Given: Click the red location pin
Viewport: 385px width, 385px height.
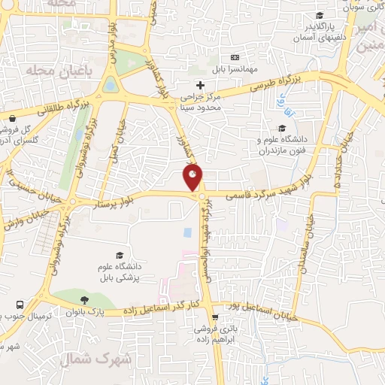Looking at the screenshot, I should point(193,179).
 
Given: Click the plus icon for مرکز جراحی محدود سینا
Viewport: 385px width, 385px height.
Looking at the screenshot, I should point(199,85).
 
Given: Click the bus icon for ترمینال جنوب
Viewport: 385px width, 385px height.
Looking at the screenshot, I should point(20,306).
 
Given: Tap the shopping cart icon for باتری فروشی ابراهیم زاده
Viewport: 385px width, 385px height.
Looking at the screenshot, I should point(216,317).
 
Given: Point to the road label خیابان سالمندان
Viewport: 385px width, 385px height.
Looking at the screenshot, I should point(307,239).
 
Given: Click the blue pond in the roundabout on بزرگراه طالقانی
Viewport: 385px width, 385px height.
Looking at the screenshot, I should point(111,84).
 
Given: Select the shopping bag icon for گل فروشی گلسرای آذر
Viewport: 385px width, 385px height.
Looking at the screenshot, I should point(13,118).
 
